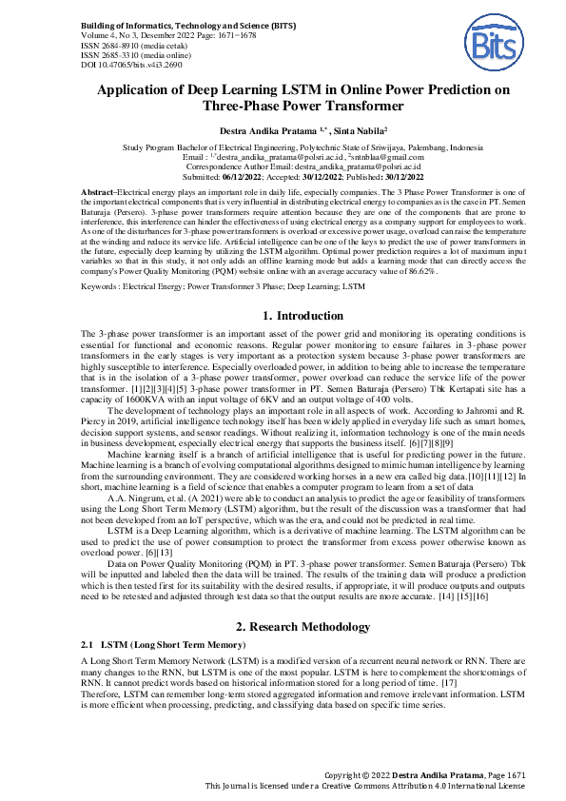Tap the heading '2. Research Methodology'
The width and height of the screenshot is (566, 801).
283,600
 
